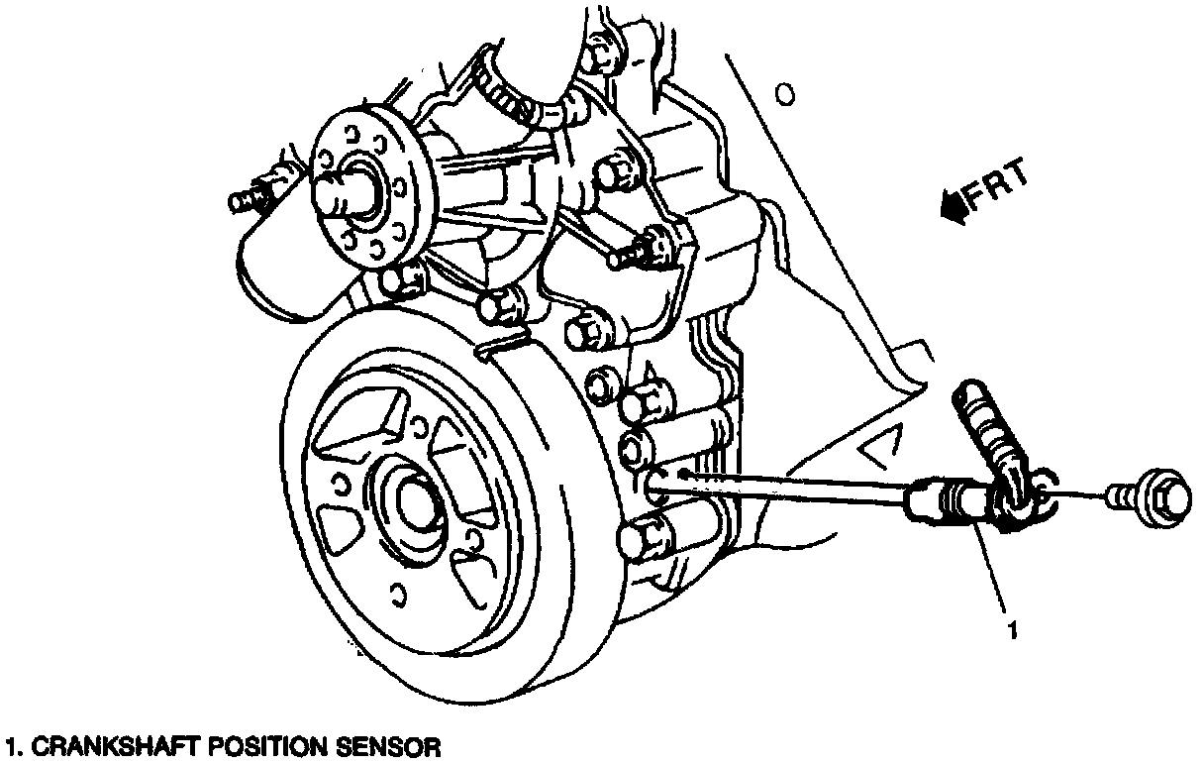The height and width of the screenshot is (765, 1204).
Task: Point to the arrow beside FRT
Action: point(953,205)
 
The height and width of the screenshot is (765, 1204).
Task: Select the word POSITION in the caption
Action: point(266,745)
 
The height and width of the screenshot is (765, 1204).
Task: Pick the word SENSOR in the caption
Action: point(387,745)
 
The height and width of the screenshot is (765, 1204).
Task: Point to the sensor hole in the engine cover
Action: point(656,483)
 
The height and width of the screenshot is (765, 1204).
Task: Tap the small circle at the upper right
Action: point(784,95)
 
